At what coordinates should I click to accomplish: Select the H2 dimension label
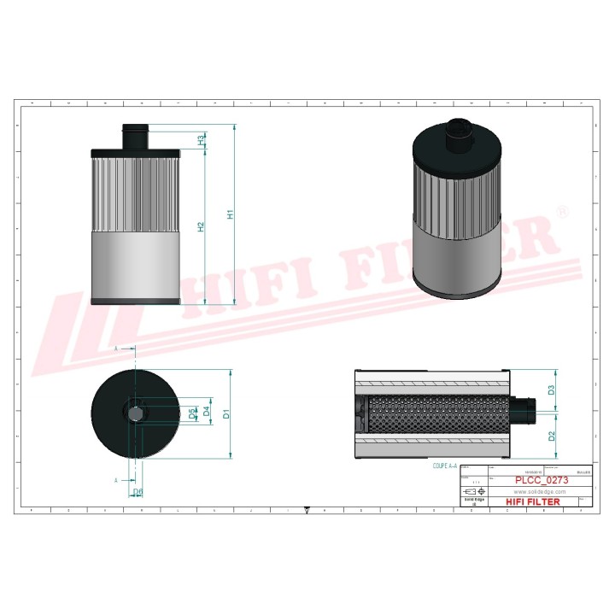201,226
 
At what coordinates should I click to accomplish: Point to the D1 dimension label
225,414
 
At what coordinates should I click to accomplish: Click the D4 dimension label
206,413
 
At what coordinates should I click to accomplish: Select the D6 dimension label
137,492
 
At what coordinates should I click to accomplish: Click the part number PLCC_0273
542,481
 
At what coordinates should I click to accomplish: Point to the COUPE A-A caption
445,467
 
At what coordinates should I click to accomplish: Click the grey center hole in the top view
136,413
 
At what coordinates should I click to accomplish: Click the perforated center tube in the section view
436,413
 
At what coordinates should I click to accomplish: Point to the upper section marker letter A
116,349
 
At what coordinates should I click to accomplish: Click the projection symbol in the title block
474,493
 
